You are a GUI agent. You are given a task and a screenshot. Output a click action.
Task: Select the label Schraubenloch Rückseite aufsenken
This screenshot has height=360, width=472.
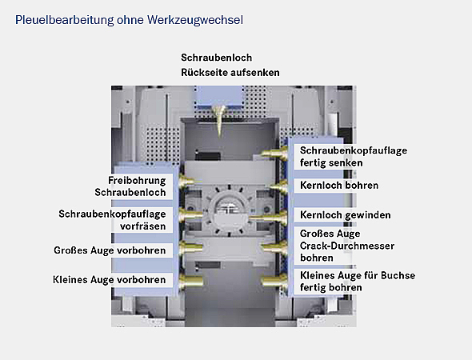(x=230, y=66)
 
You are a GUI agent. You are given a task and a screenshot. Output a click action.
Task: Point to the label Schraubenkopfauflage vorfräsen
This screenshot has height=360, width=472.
(x=112, y=220)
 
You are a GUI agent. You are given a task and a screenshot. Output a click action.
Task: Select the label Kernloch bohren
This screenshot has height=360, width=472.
(x=339, y=186)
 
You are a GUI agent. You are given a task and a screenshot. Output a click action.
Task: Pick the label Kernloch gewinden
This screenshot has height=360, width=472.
(x=345, y=215)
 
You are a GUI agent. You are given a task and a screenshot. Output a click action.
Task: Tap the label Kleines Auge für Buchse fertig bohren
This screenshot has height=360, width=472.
(x=357, y=282)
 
